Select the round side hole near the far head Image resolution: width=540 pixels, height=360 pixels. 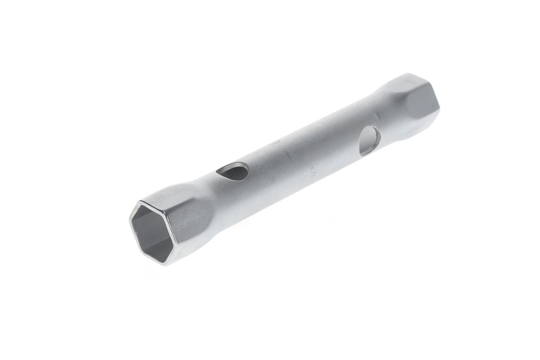(x=369, y=141)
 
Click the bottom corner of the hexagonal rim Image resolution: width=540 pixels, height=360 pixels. (x=165, y=264)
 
